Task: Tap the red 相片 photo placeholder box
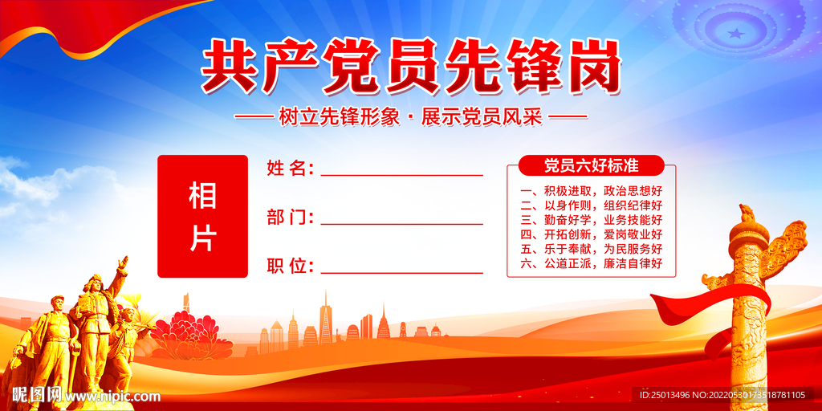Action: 202,216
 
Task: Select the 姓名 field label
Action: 290,169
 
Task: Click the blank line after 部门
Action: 401,225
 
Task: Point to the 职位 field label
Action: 290,267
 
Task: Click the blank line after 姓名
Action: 401,175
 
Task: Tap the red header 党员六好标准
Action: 592,165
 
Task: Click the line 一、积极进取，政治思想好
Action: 592,190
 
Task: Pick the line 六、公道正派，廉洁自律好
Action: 592,263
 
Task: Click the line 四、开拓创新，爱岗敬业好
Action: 592,234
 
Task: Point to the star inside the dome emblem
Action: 736,34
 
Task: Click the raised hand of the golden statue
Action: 123,262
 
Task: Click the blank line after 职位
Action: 401,273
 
